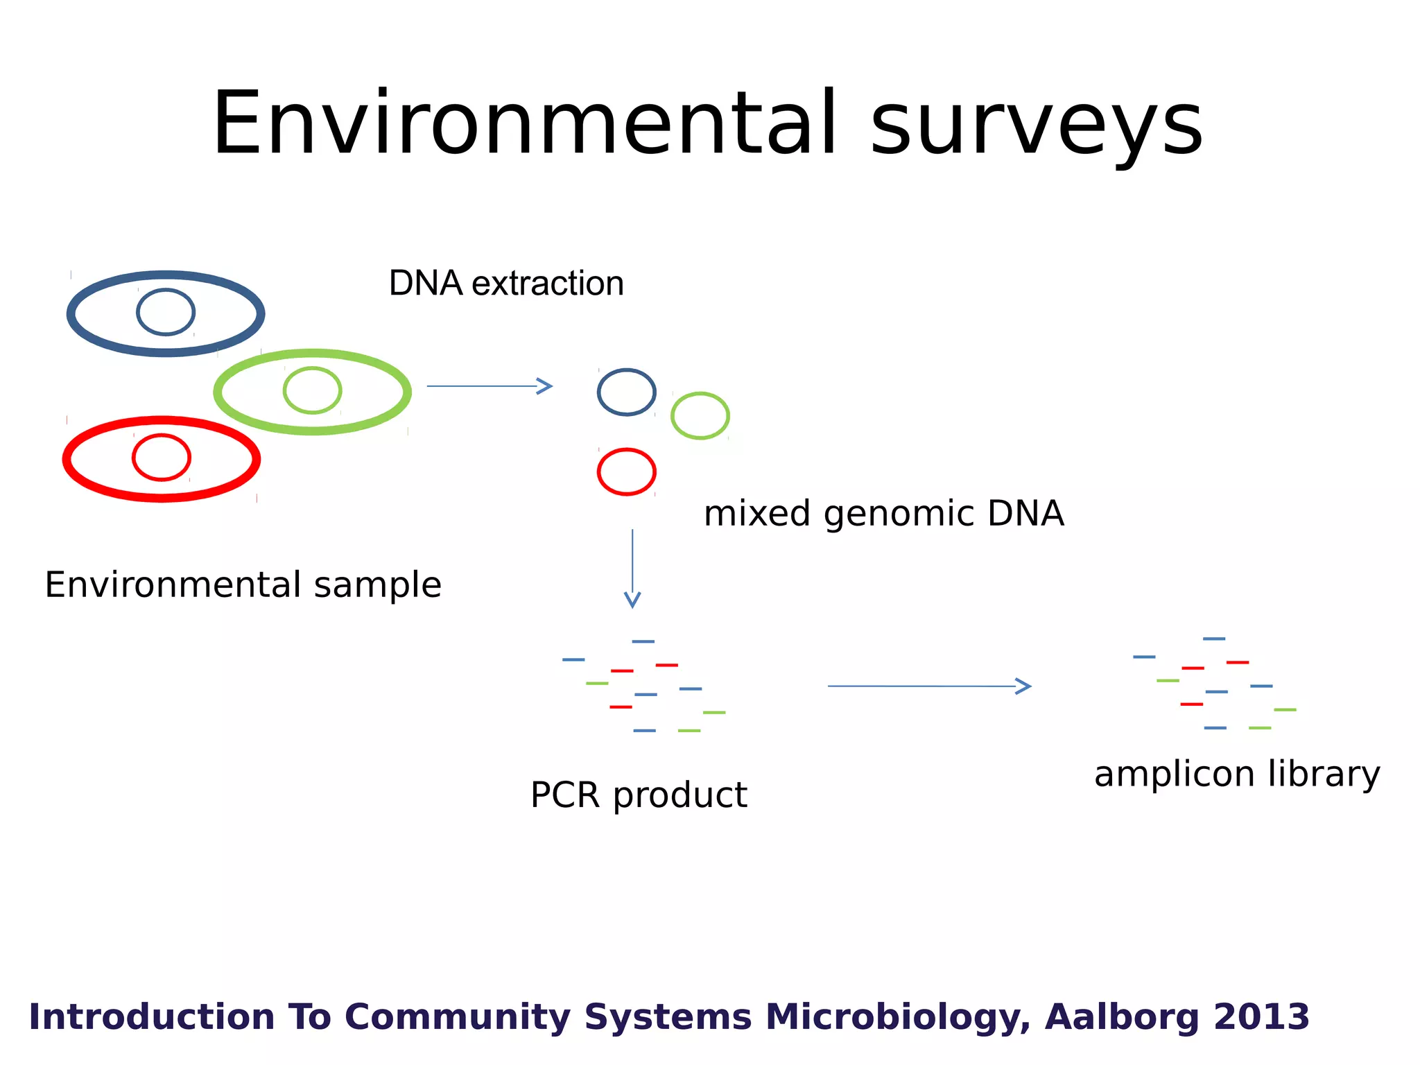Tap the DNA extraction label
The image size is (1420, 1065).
[x=506, y=283]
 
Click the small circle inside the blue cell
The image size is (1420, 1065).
[x=166, y=312]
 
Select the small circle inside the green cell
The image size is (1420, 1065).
[x=312, y=390]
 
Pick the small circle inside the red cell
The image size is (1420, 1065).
[x=162, y=458]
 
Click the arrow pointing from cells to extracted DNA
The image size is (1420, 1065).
[x=489, y=386]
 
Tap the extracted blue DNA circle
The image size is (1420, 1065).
[x=626, y=392]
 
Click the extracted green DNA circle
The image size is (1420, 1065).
[x=700, y=416]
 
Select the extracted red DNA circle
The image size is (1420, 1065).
[x=626, y=472]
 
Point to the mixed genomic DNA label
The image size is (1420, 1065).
[x=883, y=514]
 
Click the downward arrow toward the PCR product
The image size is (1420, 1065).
[x=632, y=569]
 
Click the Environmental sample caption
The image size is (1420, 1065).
[x=243, y=585]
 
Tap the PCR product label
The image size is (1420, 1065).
[x=638, y=795]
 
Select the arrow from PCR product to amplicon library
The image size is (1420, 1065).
[x=929, y=686]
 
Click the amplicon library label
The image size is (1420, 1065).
[x=1237, y=774]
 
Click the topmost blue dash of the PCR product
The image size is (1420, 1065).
[x=643, y=641]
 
